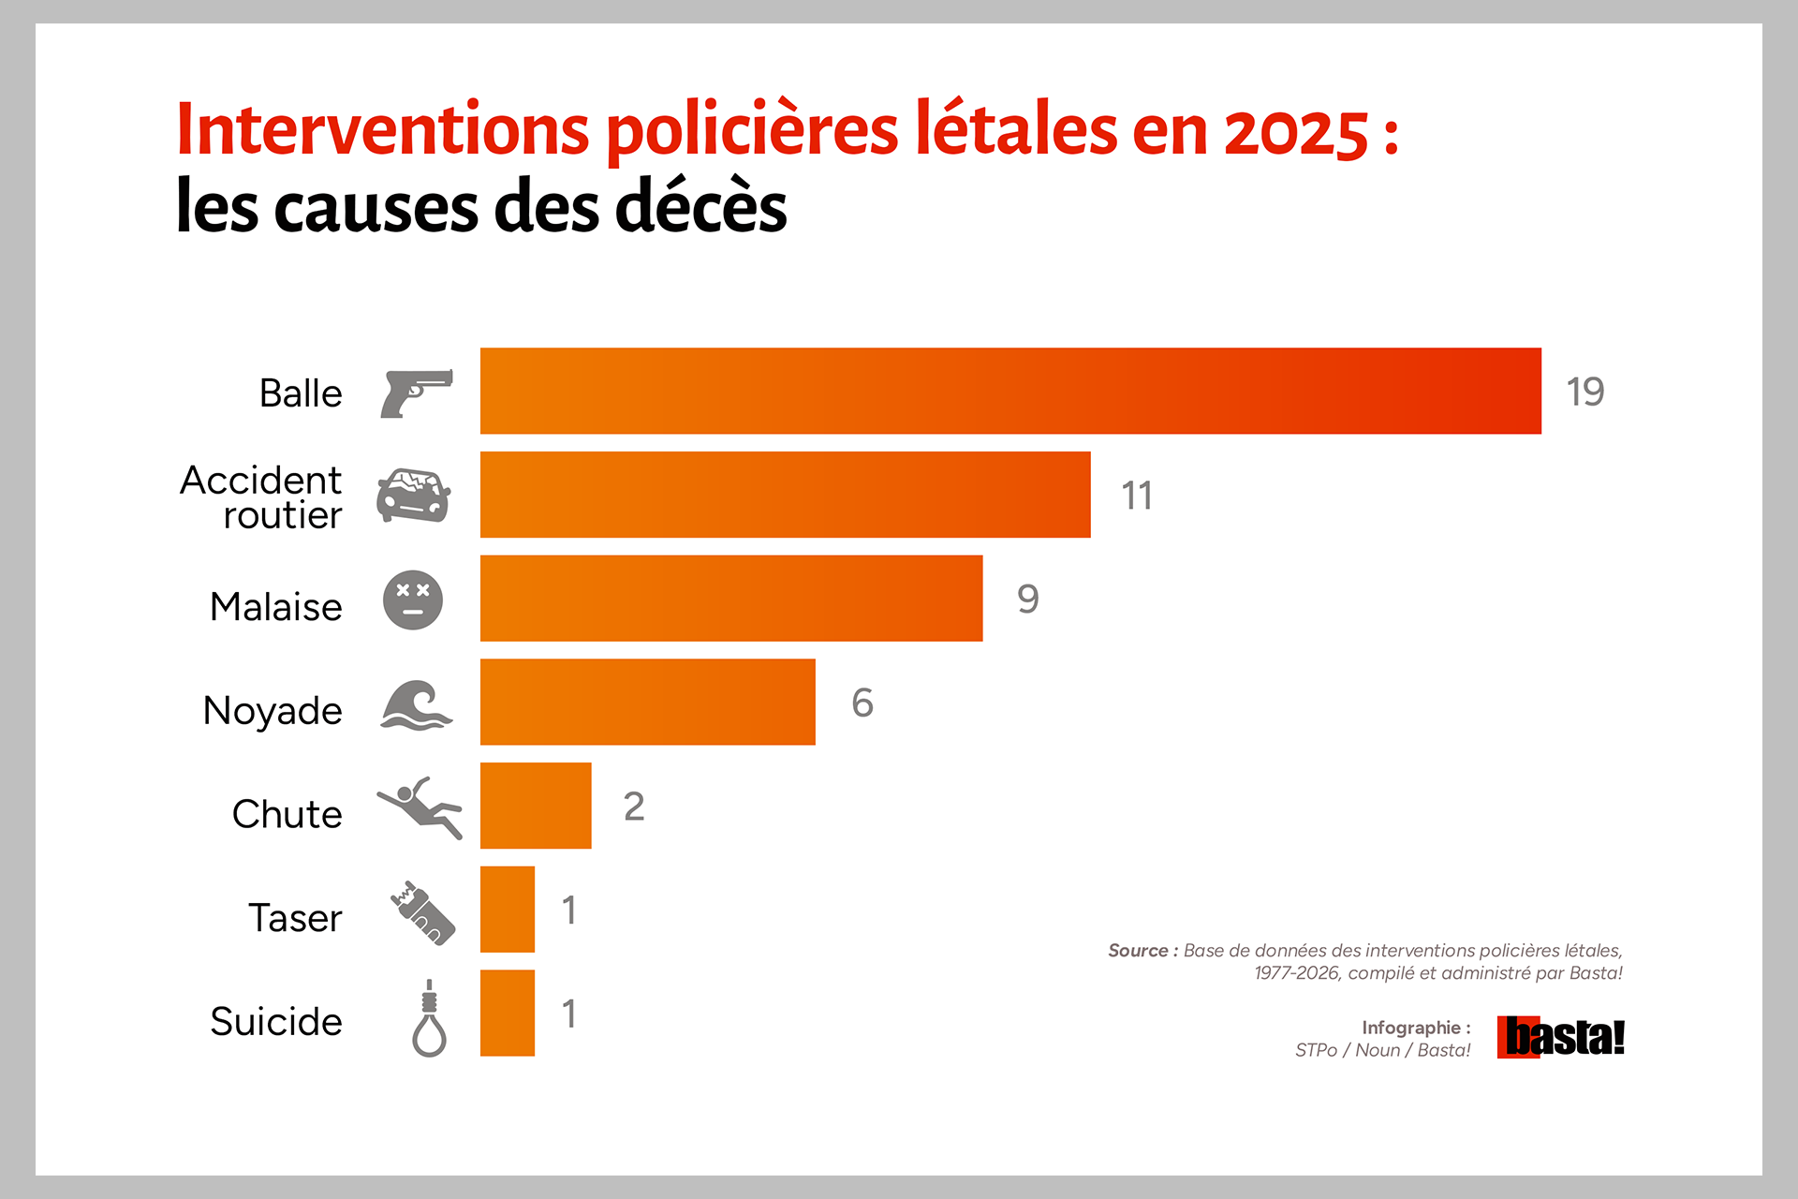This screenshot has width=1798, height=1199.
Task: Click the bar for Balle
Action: click(1010, 391)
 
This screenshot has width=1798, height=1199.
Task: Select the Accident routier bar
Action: click(786, 495)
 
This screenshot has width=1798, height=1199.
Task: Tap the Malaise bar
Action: click(731, 599)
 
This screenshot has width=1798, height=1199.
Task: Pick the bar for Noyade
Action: click(648, 702)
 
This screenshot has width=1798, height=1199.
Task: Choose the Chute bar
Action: click(536, 806)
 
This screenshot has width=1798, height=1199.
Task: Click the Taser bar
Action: click(508, 910)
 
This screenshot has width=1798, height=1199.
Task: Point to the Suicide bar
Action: click(508, 1014)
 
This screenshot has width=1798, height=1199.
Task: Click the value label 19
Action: click(1585, 392)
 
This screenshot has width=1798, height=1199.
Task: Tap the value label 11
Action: click(1137, 496)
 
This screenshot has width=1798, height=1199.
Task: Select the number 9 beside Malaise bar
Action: click(1028, 599)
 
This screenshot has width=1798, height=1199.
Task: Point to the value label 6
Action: click(862, 703)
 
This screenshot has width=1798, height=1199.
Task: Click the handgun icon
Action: click(417, 393)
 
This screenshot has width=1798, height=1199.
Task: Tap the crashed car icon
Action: click(414, 495)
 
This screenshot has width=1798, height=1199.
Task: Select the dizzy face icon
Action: click(413, 599)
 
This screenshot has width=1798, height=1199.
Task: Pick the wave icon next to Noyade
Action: click(417, 705)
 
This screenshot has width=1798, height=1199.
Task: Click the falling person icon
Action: click(420, 807)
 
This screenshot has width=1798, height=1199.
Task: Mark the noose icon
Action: click(429, 1018)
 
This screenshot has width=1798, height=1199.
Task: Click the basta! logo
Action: click(1561, 1037)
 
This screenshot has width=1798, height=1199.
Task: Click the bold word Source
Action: click(1138, 951)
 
